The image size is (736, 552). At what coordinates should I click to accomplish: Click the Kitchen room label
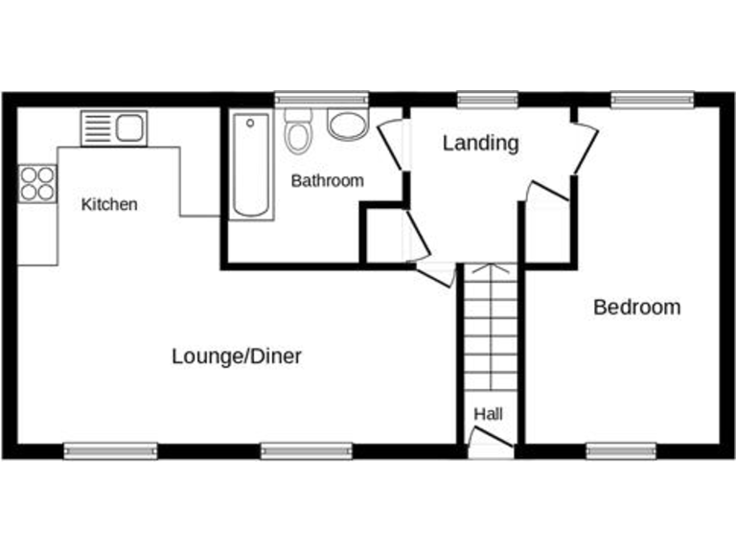(x=109, y=204)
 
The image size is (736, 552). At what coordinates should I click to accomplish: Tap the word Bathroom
(x=328, y=180)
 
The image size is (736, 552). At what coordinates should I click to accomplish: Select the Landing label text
(x=480, y=143)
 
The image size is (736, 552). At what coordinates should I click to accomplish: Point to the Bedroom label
(x=637, y=307)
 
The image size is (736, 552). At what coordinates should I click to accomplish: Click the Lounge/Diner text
(x=237, y=356)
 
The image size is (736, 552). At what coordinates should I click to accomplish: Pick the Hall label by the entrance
(x=488, y=414)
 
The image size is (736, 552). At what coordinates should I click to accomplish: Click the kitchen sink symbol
(x=114, y=127)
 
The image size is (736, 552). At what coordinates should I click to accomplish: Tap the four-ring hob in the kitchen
(x=37, y=183)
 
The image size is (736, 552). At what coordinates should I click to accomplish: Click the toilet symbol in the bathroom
(x=299, y=132)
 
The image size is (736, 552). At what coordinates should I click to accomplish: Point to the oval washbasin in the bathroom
(x=347, y=124)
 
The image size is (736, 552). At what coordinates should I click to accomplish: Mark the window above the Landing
(x=487, y=99)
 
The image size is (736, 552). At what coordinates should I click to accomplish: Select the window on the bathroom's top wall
(x=321, y=99)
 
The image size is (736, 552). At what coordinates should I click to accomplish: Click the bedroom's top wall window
(x=653, y=99)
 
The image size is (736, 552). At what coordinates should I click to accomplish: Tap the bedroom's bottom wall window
(x=621, y=449)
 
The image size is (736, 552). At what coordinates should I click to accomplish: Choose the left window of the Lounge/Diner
(x=110, y=449)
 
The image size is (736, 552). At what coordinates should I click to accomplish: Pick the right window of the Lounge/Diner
(x=307, y=449)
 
